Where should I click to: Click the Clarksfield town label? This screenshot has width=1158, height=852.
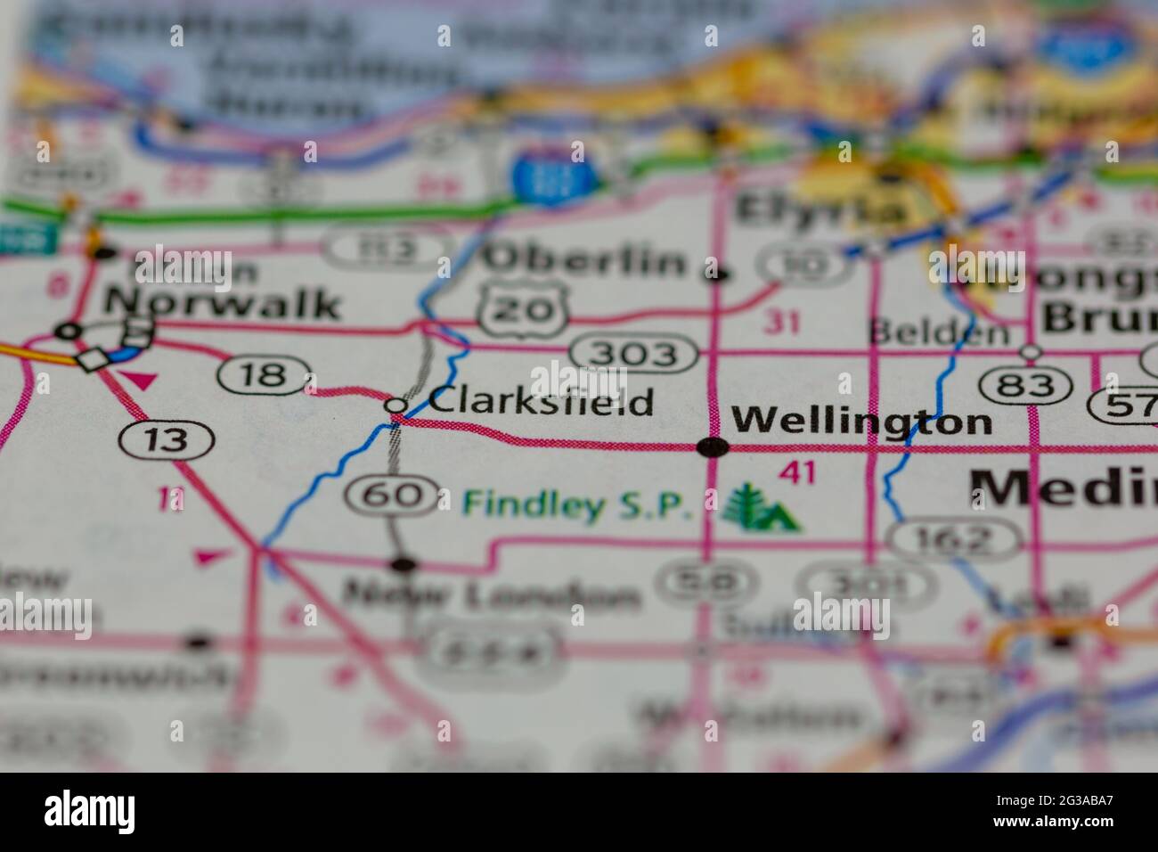point(541,402)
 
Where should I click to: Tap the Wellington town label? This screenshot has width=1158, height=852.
point(860,420)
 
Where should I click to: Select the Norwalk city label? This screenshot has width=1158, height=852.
point(222,304)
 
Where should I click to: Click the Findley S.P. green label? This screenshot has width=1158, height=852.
point(577,505)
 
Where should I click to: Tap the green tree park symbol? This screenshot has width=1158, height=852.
point(760,510)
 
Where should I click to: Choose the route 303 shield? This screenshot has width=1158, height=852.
point(635,355)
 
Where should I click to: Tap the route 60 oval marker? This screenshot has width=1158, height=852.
point(393,495)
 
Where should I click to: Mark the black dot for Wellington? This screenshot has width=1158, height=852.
point(713,447)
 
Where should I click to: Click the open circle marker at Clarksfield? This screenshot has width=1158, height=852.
point(396,406)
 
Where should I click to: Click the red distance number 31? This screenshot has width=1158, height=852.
point(781,323)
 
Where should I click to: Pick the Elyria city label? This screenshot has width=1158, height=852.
point(819,210)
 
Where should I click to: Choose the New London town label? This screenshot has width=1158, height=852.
point(492,595)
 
